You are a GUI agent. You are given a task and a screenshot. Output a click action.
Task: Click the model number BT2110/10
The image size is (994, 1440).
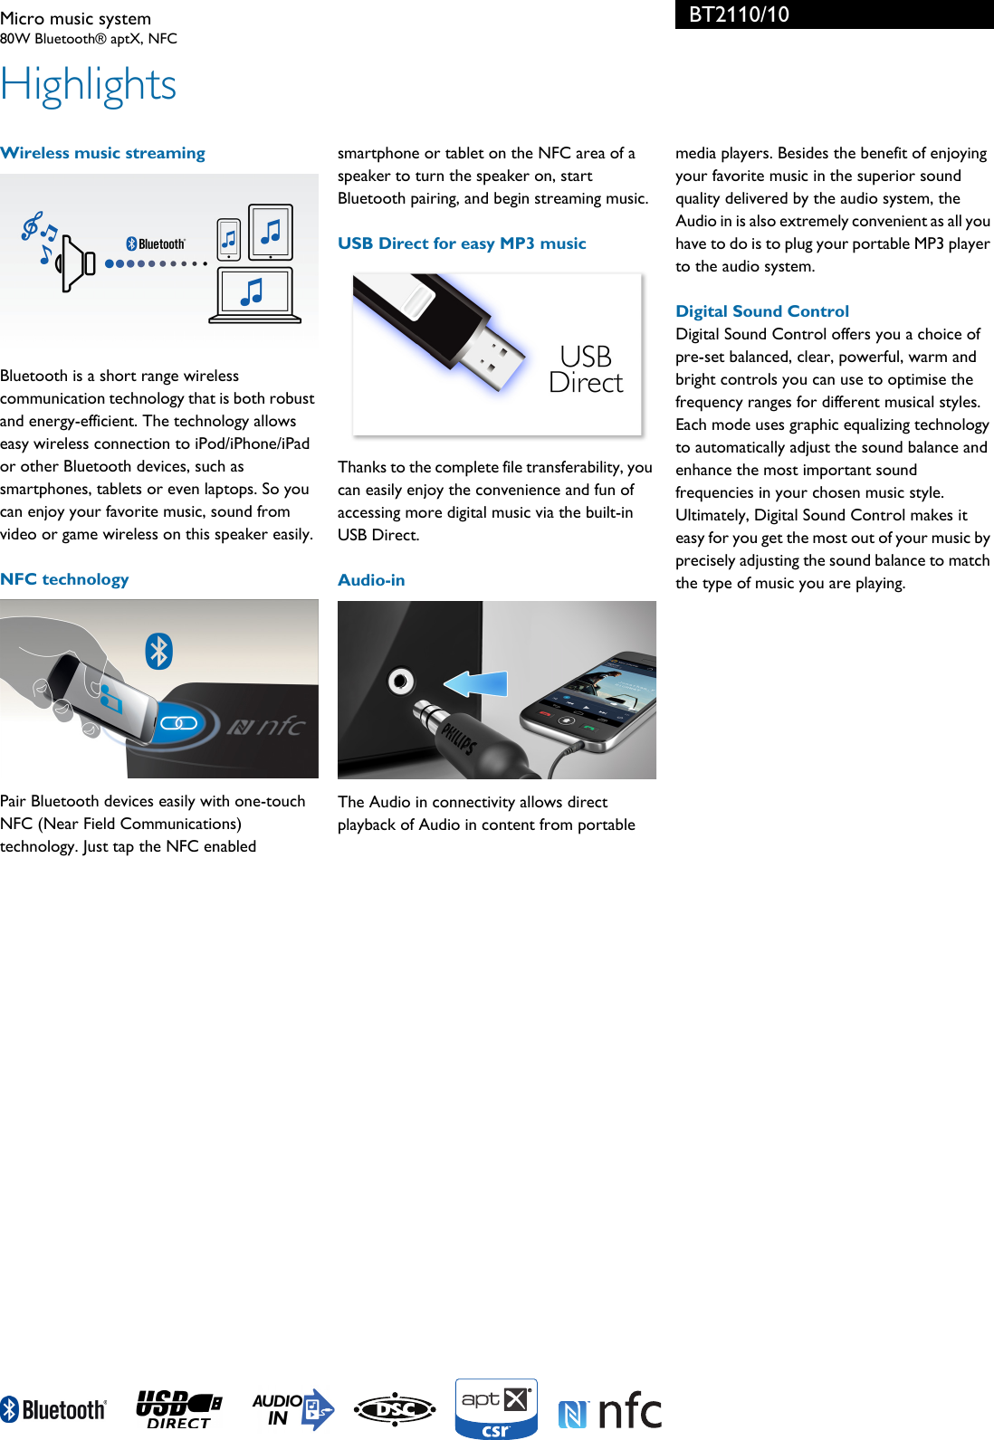tap(739, 14)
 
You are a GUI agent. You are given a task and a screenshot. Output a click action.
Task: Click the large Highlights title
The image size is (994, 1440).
tap(89, 86)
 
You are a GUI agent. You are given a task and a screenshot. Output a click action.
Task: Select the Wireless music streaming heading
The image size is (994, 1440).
tap(103, 153)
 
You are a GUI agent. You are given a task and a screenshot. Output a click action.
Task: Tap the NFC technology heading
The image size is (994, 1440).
tap(64, 579)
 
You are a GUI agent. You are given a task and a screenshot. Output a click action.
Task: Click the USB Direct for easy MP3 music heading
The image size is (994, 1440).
tap(462, 243)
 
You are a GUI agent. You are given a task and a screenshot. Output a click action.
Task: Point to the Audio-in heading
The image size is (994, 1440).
tap(371, 580)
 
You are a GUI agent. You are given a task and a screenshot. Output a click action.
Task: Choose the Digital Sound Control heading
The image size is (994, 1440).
tap(762, 311)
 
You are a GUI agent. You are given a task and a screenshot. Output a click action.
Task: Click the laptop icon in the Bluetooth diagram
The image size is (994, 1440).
tap(254, 295)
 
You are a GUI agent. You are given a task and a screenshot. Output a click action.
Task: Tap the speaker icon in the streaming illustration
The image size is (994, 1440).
tap(76, 262)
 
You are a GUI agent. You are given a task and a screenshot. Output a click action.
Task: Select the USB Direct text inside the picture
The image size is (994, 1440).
tap(586, 369)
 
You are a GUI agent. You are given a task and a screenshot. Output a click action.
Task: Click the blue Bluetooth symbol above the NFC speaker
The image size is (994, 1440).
tap(159, 651)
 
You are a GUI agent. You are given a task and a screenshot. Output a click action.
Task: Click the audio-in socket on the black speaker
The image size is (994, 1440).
tap(401, 681)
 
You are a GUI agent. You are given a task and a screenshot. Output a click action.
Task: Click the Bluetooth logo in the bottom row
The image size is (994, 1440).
tap(53, 1409)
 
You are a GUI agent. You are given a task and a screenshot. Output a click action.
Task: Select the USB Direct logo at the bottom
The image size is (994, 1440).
tap(178, 1409)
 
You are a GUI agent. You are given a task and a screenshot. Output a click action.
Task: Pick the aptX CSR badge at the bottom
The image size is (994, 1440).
tap(496, 1408)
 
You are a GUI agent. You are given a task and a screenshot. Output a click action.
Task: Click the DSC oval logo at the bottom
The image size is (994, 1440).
tap(395, 1409)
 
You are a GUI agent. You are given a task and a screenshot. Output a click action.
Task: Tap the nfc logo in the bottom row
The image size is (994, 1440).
tap(610, 1410)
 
